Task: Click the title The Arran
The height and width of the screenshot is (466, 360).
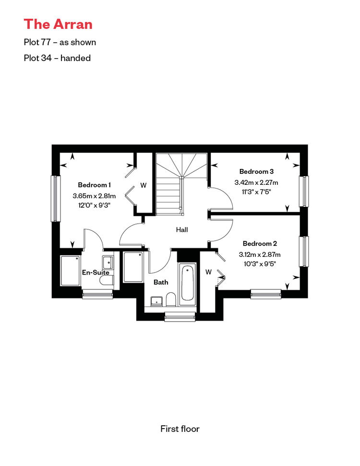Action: [x=58, y=24]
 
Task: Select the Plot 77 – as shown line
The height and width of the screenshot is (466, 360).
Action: [x=60, y=42]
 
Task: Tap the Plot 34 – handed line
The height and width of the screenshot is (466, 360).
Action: [x=57, y=58]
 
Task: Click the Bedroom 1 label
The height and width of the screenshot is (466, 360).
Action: [x=94, y=185]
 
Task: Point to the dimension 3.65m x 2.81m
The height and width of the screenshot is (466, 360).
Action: [x=94, y=196]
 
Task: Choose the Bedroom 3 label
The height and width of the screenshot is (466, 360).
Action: [x=256, y=171]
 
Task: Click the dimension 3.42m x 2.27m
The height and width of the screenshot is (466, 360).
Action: [x=256, y=182]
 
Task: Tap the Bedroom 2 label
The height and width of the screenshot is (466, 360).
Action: [x=260, y=244]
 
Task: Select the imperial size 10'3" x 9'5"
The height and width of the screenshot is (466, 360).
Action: [x=260, y=264]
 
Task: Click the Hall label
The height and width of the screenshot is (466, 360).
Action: [x=182, y=230]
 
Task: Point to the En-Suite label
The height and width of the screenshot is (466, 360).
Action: [x=96, y=272]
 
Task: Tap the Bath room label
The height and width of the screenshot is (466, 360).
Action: [x=161, y=282]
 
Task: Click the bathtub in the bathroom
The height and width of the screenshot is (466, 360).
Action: [x=188, y=284]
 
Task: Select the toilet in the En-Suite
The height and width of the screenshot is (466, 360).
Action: [x=107, y=280]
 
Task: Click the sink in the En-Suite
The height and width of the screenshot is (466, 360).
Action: [x=108, y=263]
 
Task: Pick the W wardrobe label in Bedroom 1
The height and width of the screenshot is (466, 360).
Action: [x=144, y=185]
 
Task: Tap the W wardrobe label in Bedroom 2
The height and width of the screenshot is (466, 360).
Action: [x=208, y=272]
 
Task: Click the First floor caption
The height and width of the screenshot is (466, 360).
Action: [x=180, y=429]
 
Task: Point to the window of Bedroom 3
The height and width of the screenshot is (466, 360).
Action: [x=304, y=191]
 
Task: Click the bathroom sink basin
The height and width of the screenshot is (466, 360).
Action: [x=156, y=301]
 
